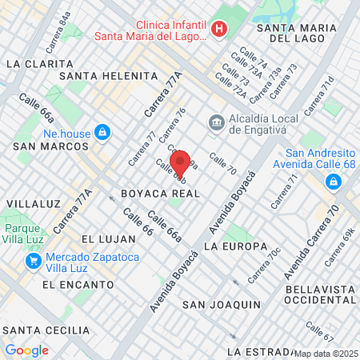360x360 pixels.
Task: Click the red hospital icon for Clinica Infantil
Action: point(220,30)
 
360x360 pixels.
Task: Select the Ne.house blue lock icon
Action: point(102,131)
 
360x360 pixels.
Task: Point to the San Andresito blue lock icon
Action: point(330,183)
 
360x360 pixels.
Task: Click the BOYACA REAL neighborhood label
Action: point(159,194)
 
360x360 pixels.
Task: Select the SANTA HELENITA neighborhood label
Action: point(114,75)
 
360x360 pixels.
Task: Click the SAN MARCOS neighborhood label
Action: point(50,146)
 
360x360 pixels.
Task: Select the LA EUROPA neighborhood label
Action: point(235,246)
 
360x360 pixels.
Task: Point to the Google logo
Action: point(26,350)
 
